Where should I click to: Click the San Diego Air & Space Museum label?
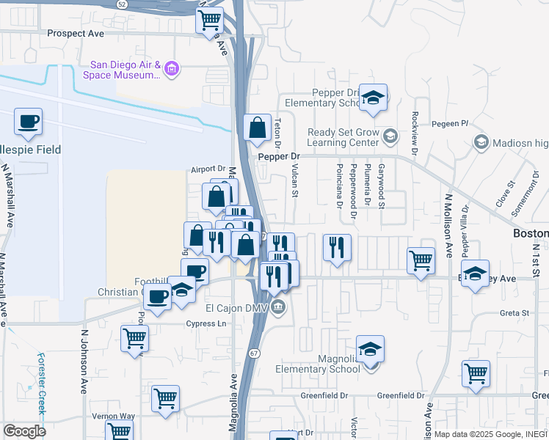coord(125,69)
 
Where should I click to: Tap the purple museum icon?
coord(172,70)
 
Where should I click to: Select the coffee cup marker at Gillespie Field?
coord(28,122)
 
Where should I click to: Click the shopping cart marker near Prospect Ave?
coord(210,20)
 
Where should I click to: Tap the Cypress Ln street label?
coord(203,323)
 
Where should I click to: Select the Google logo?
coord(24,431)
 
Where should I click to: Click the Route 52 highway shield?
coord(122,4)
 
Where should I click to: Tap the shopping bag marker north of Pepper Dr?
coord(258,128)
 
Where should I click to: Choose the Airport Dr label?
coord(208,169)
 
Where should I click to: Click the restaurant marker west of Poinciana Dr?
coord(337,247)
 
